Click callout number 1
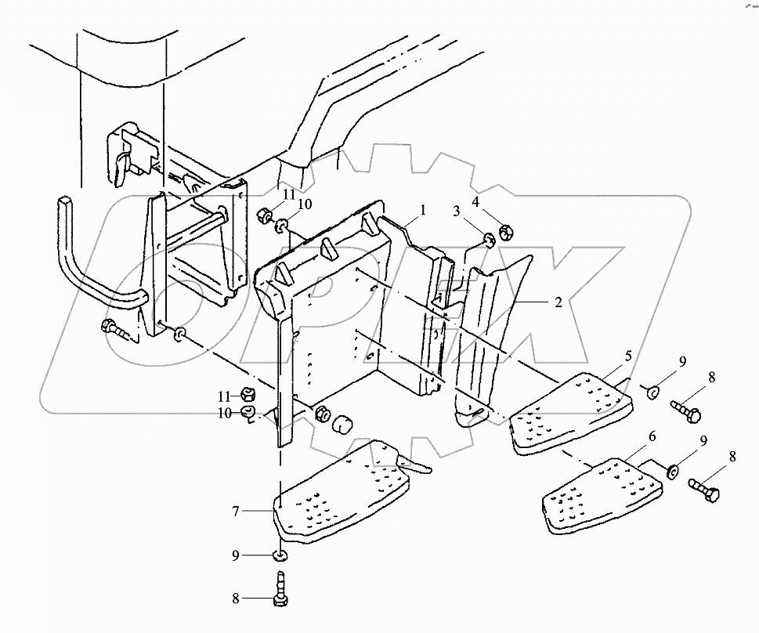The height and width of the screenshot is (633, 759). pyautogui.click(x=423, y=210)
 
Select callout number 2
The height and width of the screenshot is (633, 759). pyautogui.click(x=558, y=302)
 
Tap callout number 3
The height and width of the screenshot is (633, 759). pyautogui.click(x=457, y=212)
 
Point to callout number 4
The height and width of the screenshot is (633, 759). pyautogui.click(x=475, y=202)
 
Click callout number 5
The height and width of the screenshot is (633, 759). pyautogui.click(x=628, y=356)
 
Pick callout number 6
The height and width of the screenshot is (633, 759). pyautogui.click(x=652, y=436)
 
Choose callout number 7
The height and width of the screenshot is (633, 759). pyautogui.click(x=236, y=511)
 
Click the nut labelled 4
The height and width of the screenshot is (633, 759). pyautogui.click(x=505, y=233)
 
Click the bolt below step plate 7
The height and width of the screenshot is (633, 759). pyautogui.click(x=280, y=588)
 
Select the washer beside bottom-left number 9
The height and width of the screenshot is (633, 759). pyautogui.click(x=280, y=555)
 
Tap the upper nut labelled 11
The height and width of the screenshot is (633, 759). pyautogui.click(x=265, y=215)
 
